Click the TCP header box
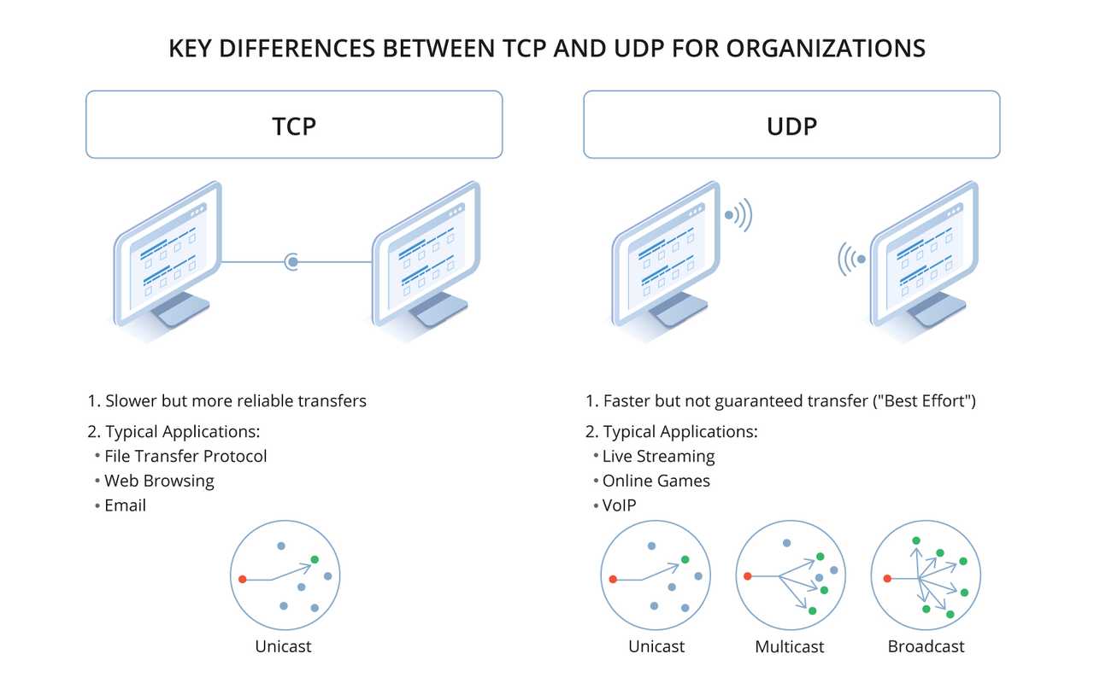[x=294, y=125]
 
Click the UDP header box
[x=791, y=125]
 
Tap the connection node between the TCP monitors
[x=292, y=261]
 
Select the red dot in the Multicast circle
[x=748, y=576]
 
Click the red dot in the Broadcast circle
[x=887, y=579]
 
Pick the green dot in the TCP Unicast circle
[x=315, y=559]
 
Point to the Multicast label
[x=790, y=646]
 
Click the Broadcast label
[x=926, y=646]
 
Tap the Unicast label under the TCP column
[x=283, y=646]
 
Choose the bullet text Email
[x=125, y=505]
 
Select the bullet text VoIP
[x=619, y=505]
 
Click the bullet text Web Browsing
[x=159, y=481]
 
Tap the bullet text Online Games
[x=656, y=481]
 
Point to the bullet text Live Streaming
[x=658, y=456]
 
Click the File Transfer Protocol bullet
[x=185, y=456]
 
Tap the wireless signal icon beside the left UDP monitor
[x=738, y=214]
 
